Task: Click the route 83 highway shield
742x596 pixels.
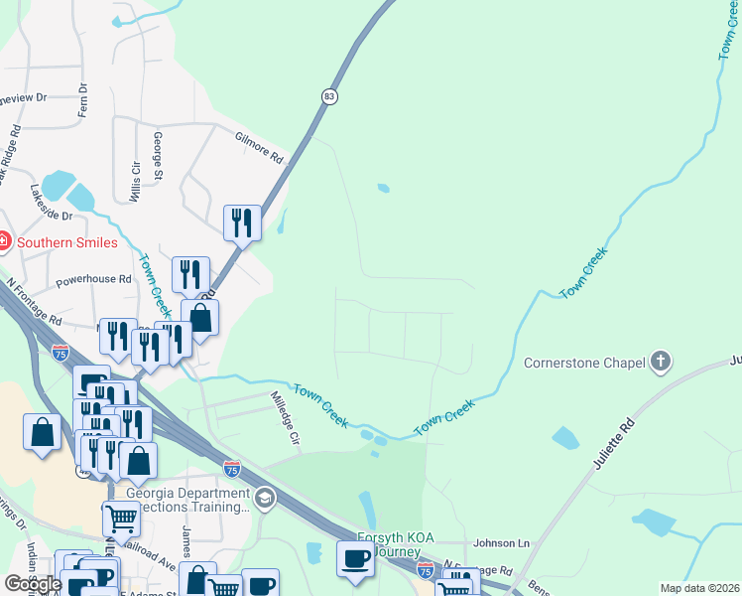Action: [329, 96]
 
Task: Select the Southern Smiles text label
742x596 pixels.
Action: [66, 242]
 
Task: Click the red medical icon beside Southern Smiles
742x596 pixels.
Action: [4, 241]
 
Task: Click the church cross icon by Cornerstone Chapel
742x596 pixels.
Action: [660, 363]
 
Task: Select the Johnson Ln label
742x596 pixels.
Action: [502, 543]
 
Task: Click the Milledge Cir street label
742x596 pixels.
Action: [285, 416]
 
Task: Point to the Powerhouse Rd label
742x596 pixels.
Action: [93, 280]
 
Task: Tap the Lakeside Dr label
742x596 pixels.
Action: [52, 202]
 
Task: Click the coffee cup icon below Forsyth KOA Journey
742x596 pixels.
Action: [355, 557]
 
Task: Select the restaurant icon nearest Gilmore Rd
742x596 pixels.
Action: [242, 222]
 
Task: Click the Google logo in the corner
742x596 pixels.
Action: [32, 584]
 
